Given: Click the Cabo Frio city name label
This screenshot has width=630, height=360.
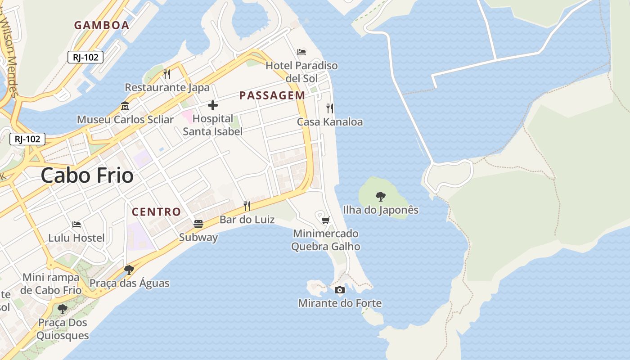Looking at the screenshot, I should coord(87,175).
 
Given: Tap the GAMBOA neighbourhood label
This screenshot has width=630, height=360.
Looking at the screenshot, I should coord(102,25).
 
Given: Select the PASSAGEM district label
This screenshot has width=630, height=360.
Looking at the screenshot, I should coord(272,95).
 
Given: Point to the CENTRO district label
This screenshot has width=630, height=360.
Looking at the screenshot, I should coord(157,211).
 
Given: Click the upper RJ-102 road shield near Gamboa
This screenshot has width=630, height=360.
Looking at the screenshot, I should coord(85,57).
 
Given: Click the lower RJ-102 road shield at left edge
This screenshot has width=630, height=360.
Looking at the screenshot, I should coord(27,139).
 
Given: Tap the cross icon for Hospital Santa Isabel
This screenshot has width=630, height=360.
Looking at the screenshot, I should coord(213,106).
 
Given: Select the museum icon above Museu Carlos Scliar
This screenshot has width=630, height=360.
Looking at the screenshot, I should coord(125,107).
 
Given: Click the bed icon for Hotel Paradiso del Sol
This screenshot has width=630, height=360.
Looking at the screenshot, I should coord(301,52).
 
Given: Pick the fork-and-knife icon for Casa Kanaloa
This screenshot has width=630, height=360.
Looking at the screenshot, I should coord(330,108).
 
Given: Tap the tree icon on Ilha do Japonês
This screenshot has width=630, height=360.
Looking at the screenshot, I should coord(381,196).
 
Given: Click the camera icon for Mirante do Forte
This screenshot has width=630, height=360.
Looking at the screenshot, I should coord(340,290).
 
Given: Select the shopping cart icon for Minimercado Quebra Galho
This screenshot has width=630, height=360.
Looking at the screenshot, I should coord(325,220).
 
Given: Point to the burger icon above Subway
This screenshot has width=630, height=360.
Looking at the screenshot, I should coord(198,224).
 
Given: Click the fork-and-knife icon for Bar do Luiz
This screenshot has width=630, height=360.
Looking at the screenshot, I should coord(247,206).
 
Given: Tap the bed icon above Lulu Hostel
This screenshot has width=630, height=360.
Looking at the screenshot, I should coord(76,225).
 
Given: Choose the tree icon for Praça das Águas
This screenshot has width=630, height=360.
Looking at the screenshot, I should coord(129,270).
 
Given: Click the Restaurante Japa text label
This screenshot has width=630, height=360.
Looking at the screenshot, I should coord(167,87).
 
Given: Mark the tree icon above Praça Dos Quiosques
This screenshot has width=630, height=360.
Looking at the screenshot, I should coord(63,309).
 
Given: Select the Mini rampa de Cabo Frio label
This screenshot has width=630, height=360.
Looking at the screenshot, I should coord(51,283).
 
